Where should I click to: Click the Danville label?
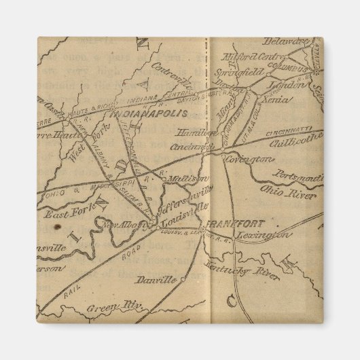pyautogui.click(x=156, y=279)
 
